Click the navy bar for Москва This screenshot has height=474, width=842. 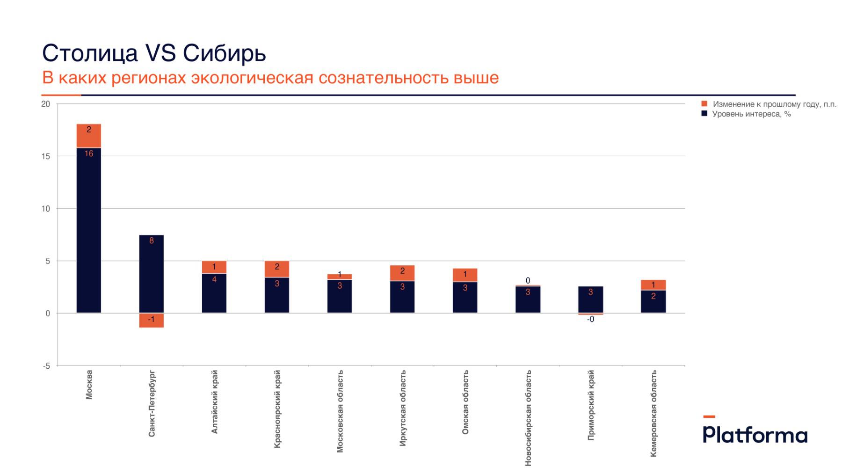[x=89, y=234]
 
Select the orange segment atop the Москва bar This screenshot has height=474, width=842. [x=89, y=136]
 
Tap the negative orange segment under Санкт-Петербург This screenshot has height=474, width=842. [x=152, y=320]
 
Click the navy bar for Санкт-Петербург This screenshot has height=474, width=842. [x=152, y=276]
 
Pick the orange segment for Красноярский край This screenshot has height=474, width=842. [x=277, y=269]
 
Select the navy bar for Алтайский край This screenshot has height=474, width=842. [x=214, y=295]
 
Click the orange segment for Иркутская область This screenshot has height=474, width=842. [x=402, y=273]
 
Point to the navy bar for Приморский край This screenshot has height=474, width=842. [x=591, y=302]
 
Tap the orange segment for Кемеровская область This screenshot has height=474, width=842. [x=653, y=285]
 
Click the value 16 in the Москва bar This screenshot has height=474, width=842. [x=89, y=153]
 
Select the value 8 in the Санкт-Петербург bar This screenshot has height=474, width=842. [x=152, y=241]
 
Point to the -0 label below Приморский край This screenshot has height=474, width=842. [x=591, y=320]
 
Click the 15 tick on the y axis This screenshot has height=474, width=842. [x=45, y=156]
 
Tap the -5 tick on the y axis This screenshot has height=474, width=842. [x=46, y=366]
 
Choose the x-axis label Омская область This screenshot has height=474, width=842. [x=465, y=402]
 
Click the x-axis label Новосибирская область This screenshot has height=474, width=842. [x=528, y=418]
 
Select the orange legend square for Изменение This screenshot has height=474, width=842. [x=704, y=104]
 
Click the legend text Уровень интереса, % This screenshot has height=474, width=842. [x=751, y=114]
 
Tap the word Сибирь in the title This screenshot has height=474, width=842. [x=225, y=53]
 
